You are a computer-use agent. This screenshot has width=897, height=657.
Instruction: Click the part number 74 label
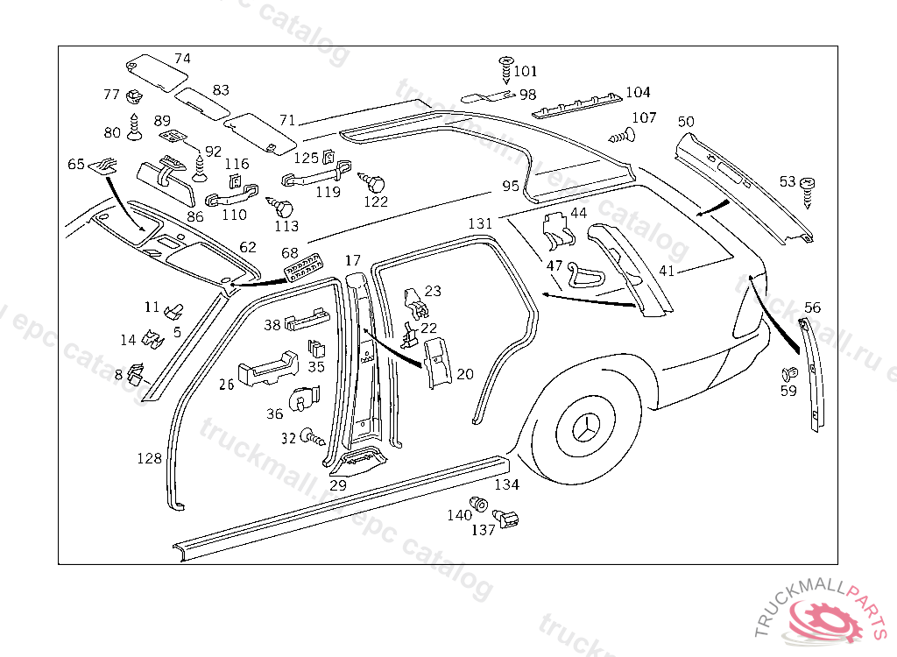[x=182, y=59]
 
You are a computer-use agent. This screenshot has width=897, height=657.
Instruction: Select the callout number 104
[x=638, y=92]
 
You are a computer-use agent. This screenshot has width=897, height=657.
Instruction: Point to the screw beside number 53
[x=808, y=189]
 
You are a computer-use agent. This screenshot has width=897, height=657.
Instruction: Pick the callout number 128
[x=149, y=458]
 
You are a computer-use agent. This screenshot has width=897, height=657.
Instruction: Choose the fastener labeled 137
[x=506, y=519]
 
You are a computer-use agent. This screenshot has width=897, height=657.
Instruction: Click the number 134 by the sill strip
[x=506, y=484]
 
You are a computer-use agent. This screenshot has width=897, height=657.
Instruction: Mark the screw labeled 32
[x=311, y=435]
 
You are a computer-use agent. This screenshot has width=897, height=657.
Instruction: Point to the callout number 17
[x=352, y=260]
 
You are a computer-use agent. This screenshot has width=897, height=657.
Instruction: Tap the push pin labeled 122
[x=376, y=184]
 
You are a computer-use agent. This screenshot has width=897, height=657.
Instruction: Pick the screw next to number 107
[x=621, y=136]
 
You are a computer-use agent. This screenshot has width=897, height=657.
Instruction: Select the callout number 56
[x=813, y=307]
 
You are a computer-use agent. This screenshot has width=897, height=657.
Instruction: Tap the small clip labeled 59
[x=788, y=374]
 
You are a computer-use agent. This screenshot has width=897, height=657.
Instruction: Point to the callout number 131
[x=480, y=223]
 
